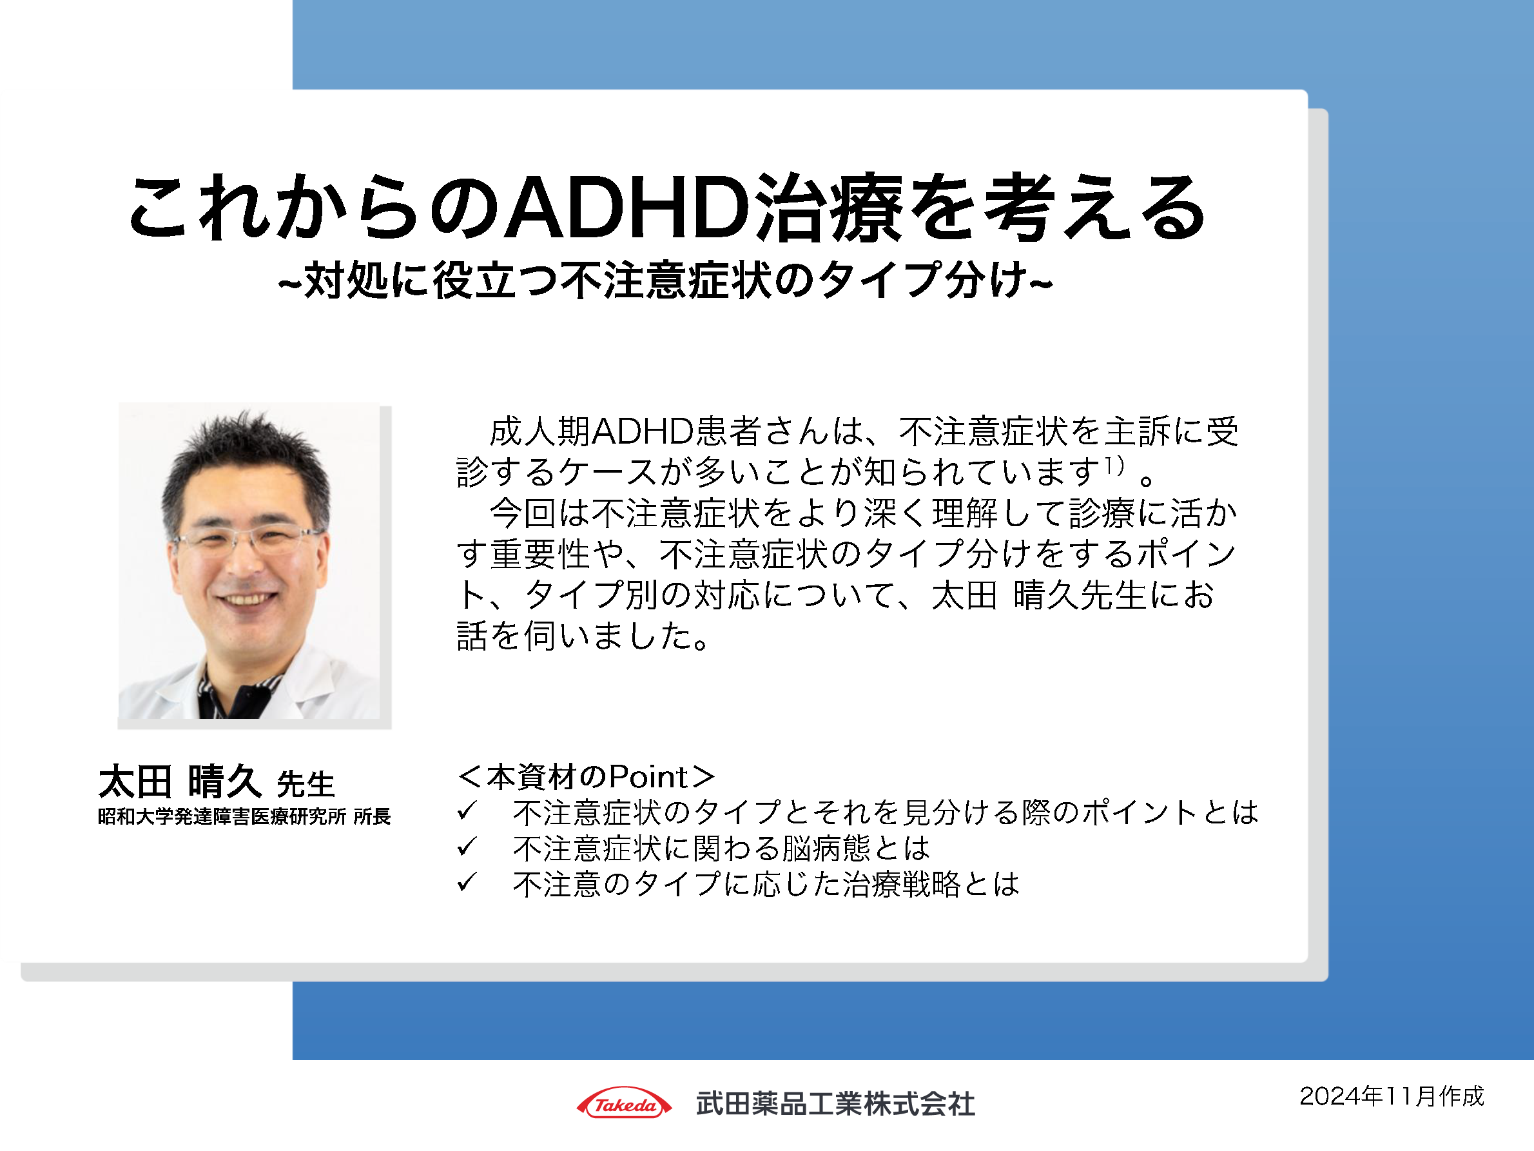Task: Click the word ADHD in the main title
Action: click(627, 208)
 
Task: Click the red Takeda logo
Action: click(624, 1103)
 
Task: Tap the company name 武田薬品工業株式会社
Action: click(835, 1104)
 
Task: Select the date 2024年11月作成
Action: click(1391, 1096)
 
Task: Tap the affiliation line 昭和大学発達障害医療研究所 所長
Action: click(244, 816)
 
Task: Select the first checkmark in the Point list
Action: click(467, 811)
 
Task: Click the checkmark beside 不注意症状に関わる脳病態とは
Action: click(467, 847)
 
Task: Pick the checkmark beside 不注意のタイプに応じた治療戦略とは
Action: click(467, 883)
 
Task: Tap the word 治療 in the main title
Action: click(828, 208)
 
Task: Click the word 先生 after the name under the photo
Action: click(306, 785)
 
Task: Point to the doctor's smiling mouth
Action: click(244, 598)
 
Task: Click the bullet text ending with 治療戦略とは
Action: click(766, 884)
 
